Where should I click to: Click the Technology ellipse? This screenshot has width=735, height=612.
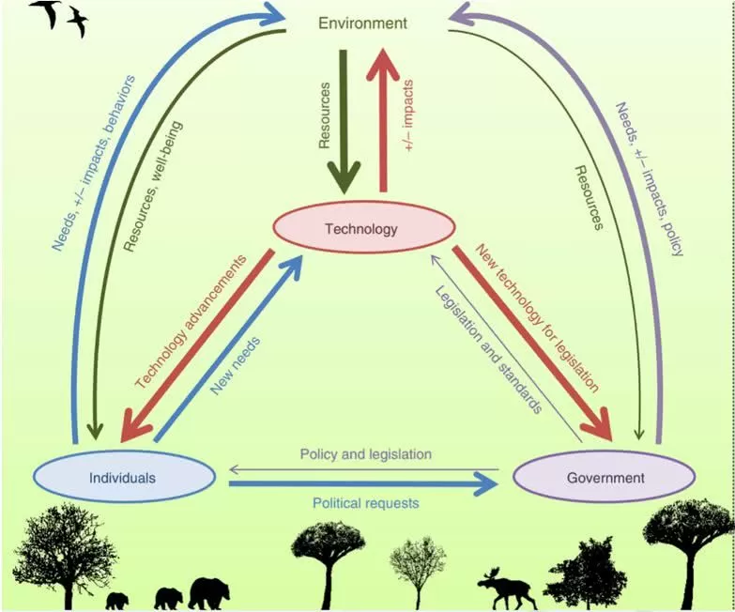(x=363, y=228)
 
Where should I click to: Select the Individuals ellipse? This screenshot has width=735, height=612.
(x=125, y=477)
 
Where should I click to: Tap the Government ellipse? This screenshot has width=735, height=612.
(x=605, y=478)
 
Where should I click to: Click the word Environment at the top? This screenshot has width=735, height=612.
(x=361, y=23)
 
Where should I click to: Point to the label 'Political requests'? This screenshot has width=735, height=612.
(x=365, y=503)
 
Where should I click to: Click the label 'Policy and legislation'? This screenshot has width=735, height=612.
(x=365, y=454)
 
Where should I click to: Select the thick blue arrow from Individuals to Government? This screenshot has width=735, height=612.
(x=361, y=484)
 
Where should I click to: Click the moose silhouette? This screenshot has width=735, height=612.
(x=506, y=589)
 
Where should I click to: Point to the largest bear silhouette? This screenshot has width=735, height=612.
(x=208, y=593)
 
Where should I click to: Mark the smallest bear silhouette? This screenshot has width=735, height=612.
(x=117, y=601)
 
